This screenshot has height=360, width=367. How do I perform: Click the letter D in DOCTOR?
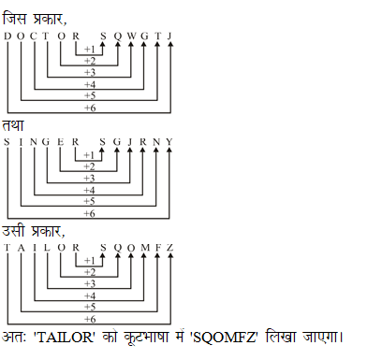[x=7, y=36]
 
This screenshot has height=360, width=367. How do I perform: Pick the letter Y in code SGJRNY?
[x=169, y=142]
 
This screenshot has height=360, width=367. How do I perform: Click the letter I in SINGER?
[x=21, y=142]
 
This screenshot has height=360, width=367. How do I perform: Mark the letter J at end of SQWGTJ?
[x=169, y=36]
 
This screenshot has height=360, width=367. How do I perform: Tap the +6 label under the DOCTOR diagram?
[x=89, y=108]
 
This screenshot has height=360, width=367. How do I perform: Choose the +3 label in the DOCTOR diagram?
[x=89, y=72]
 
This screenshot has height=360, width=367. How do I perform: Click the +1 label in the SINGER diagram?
[x=89, y=154]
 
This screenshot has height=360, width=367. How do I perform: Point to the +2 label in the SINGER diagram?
[x=89, y=166]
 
